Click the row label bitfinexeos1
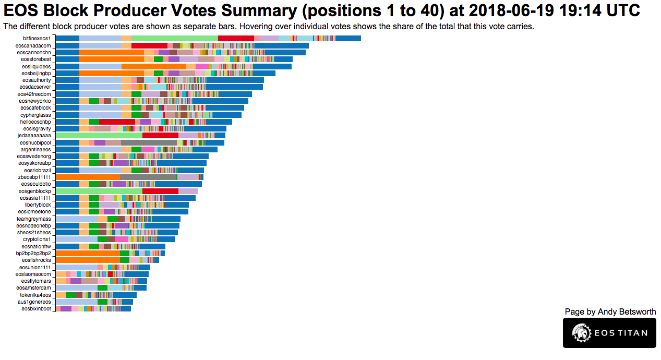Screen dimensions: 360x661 (x=37, y=39)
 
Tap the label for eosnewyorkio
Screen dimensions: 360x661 (x=35, y=101)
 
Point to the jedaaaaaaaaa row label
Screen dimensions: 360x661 (x=34, y=135)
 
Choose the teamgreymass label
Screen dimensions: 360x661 (x=34, y=219)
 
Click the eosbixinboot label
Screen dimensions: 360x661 (x=37, y=308)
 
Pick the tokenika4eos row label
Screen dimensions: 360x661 (x=35, y=295)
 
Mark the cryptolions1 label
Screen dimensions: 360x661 (x=37, y=239)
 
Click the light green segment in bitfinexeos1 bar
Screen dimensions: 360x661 (x=174, y=38)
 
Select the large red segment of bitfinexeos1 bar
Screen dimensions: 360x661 (x=236, y=38)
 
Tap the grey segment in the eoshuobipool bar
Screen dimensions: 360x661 (x=149, y=142)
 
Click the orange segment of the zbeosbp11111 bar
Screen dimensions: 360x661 (x=88, y=177)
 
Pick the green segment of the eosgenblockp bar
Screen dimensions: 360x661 (x=99, y=191)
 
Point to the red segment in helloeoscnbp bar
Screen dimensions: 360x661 (x=117, y=122)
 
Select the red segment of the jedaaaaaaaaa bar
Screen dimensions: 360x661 (x=160, y=135)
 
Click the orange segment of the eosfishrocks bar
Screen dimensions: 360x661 (x=88, y=260)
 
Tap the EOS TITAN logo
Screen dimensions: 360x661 (x=609, y=332)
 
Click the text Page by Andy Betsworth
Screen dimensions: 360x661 (x=610, y=311)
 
